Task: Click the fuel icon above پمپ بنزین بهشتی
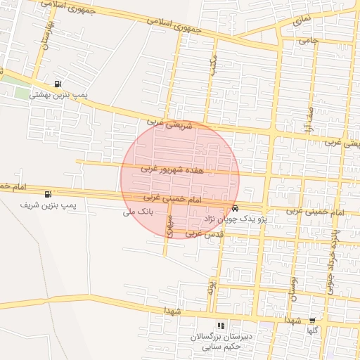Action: point(57,84)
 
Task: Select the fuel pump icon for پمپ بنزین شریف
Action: point(48,195)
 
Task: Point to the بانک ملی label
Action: point(137,212)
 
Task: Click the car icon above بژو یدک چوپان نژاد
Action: point(235,209)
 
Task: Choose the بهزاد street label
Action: point(209,285)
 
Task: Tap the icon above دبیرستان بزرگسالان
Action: point(221,326)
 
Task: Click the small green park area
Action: point(23,93)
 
